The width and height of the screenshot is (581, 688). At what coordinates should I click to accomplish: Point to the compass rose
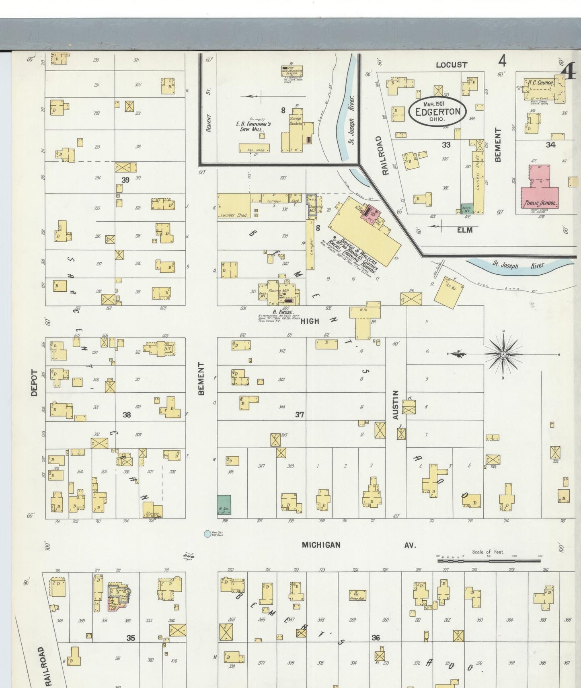[x=503, y=354]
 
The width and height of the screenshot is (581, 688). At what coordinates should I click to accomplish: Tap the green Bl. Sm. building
[x=224, y=505]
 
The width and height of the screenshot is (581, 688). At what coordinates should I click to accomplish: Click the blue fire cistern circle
[x=207, y=534]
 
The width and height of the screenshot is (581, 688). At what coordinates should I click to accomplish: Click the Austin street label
[x=396, y=404]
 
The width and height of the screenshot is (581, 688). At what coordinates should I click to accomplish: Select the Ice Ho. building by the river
[x=449, y=292]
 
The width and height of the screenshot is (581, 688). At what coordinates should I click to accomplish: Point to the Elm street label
[x=464, y=230]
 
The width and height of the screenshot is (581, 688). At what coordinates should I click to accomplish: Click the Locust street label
[x=452, y=65]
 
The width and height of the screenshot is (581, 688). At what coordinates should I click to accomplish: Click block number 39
[x=125, y=180]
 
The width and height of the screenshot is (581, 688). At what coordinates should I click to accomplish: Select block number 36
[x=376, y=638]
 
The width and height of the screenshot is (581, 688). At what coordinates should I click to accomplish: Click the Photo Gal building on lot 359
[x=357, y=595]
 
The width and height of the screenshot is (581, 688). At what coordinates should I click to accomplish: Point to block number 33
[x=446, y=145]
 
